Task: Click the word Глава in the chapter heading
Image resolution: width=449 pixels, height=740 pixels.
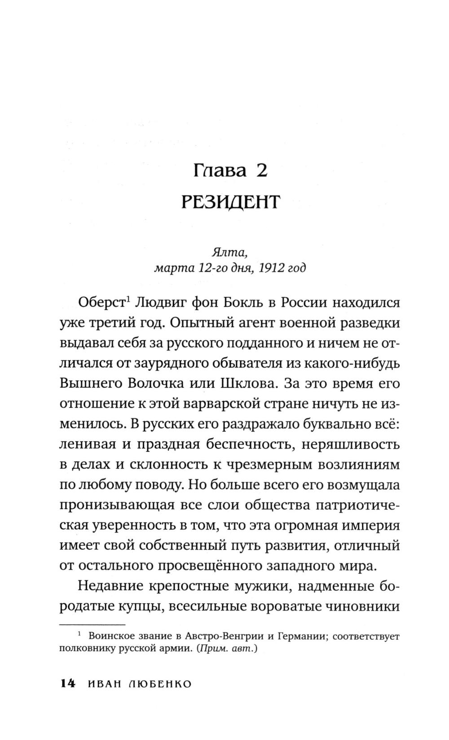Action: [x=220, y=171]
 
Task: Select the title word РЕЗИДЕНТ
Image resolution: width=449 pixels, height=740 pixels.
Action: [x=230, y=202]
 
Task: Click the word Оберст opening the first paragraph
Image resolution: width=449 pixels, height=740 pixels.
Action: [x=101, y=303]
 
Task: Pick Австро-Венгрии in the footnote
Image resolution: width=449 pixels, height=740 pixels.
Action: [x=218, y=636]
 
